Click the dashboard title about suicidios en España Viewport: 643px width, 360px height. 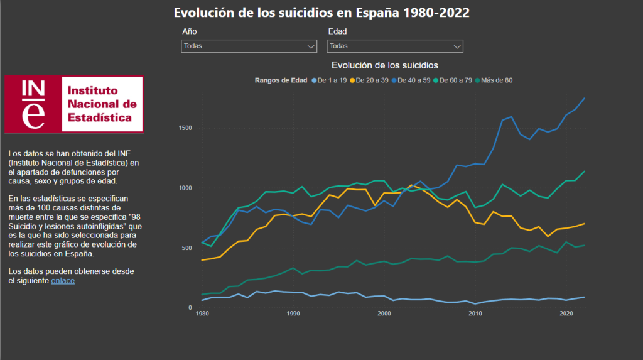(x=321, y=13)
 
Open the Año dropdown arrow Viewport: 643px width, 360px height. (x=311, y=46)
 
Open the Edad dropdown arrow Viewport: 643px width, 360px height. (x=457, y=46)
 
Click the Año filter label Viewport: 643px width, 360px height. (x=189, y=31)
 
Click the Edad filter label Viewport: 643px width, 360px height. (x=337, y=31)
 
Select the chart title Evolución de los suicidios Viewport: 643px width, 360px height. (x=384, y=65)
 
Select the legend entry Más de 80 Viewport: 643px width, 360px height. (x=495, y=80)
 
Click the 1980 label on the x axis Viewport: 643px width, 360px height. (x=202, y=314)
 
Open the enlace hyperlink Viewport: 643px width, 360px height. (x=63, y=281)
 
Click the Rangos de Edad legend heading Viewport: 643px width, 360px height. (x=281, y=80)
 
